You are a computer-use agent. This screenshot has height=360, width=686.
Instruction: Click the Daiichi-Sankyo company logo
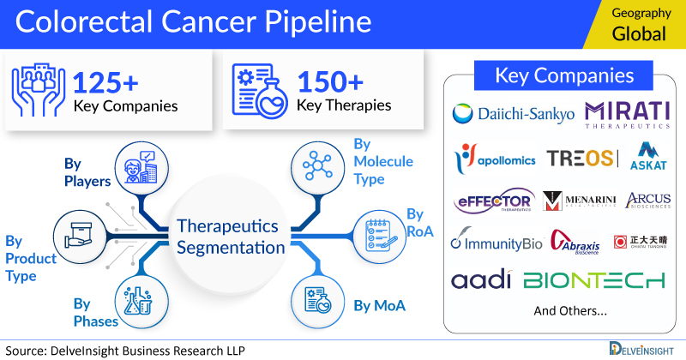click(513, 114)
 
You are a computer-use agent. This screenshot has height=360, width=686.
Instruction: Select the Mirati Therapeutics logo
click(628, 114)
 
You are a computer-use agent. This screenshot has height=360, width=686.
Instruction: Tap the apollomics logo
click(496, 159)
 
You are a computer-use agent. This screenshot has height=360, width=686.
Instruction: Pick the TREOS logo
click(581, 159)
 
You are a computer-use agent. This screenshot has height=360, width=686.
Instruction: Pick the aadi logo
click(481, 280)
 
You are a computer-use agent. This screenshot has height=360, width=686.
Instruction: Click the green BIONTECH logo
click(594, 280)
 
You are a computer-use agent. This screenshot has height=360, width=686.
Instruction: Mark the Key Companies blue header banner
click(564, 75)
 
